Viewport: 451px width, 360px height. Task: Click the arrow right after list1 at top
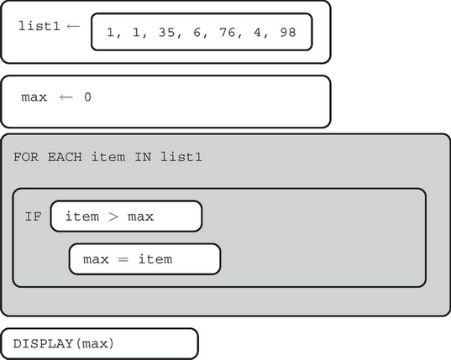pyautogui.click(x=73, y=25)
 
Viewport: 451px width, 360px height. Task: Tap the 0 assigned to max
pyautogui.click(x=87, y=97)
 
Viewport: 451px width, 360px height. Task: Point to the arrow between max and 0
pyautogui.click(x=66, y=97)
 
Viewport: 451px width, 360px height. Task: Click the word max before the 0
pyautogui.click(x=34, y=97)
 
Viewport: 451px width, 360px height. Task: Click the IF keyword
pyautogui.click(x=32, y=216)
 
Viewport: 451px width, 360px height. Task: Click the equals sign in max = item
pyautogui.click(x=123, y=259)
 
